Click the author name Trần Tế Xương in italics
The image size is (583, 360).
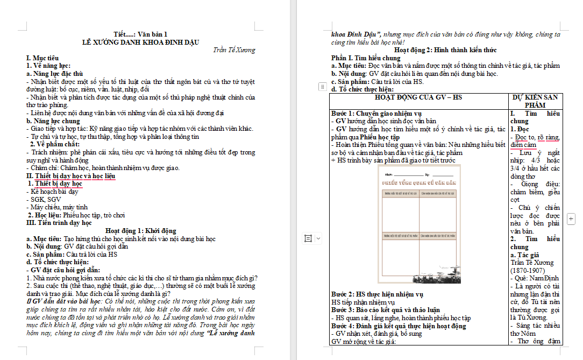(234, 50)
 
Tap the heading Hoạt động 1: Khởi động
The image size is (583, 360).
(140, 231)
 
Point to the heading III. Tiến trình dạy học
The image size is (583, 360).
(59, 223)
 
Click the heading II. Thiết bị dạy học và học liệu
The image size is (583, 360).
(71, 176)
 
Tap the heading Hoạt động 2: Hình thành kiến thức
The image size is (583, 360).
(445, 50)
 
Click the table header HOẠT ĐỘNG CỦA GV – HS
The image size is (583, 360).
(418, 97)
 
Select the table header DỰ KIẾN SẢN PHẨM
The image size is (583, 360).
(535, 101)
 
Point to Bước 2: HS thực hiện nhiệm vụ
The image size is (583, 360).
(377, 294)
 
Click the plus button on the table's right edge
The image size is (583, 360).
(571, 218)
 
